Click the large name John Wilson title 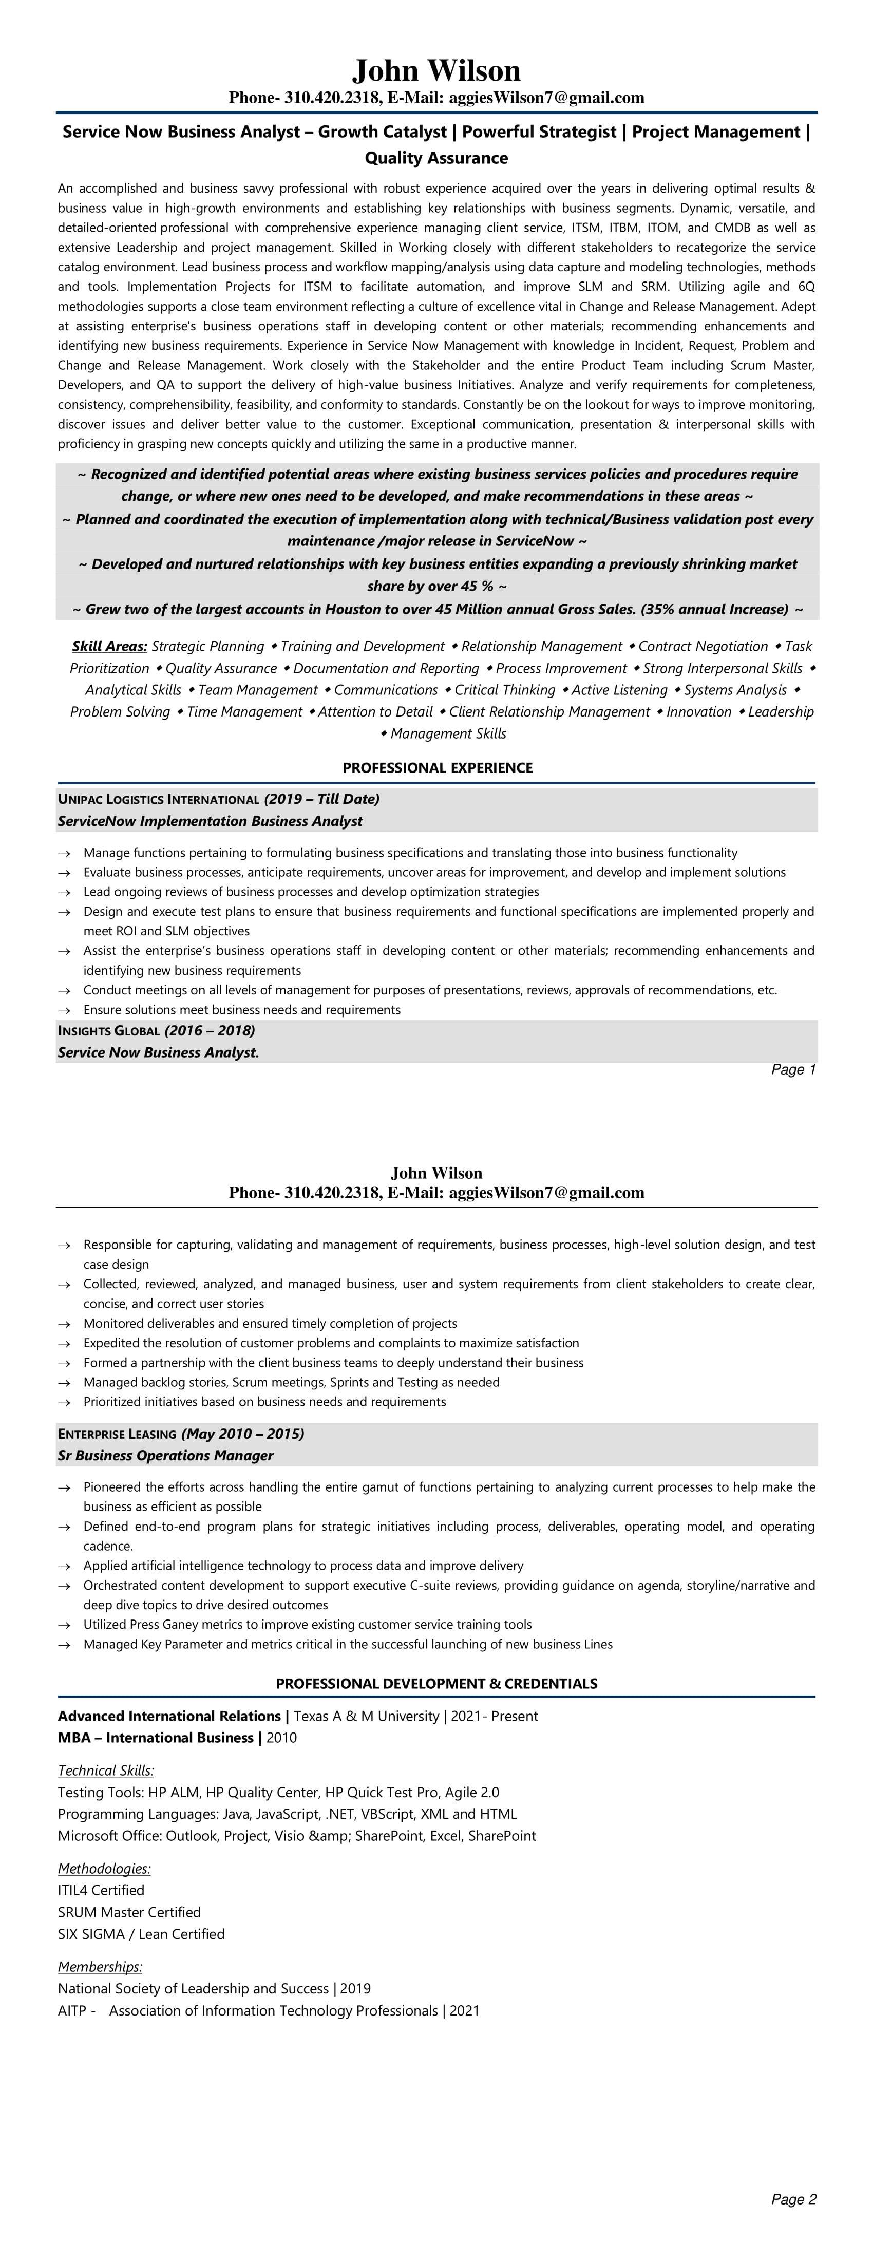pos(436,70)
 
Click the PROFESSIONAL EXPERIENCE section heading pos(437,768)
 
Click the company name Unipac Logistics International pos(159,799)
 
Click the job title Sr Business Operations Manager pos(166,1456)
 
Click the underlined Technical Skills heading pos(106,1771)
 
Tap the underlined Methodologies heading pos(104,1869)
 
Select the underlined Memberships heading pos(100,1967)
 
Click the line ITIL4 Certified pos(101,1890)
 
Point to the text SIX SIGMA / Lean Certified pos(141,1934)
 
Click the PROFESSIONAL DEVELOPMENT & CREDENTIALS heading pos(436,1684)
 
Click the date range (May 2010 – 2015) pos(243,1434)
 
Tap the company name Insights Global pos(109,1031)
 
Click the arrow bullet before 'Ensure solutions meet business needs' pos(64,1010)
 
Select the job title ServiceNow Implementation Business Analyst pos(211,821)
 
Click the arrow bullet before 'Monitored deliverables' pos(64,1323)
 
